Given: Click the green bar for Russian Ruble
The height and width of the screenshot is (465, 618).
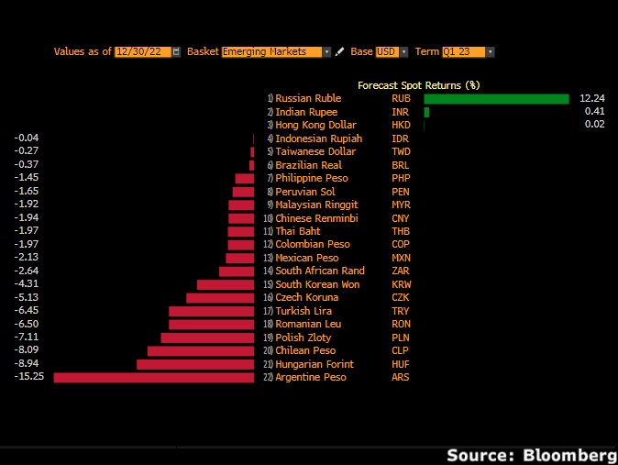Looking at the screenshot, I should pos(496,99).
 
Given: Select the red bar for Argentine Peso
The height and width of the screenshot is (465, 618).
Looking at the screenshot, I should pos(154,377).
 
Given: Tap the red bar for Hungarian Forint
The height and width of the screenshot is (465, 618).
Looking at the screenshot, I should pos(195,364).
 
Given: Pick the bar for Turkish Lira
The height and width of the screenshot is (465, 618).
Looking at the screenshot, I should pos(211,311).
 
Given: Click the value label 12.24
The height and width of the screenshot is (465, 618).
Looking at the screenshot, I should pos(592,98).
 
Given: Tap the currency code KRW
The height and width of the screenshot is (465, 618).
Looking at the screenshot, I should pos(402,284).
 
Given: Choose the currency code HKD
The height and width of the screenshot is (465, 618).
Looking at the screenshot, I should pos(402,125).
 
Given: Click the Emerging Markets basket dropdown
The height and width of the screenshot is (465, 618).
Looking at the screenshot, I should pos(276,52).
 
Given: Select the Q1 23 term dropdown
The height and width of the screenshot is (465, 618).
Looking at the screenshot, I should pos(468,52).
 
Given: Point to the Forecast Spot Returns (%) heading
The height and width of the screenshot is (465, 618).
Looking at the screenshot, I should pos(419,84).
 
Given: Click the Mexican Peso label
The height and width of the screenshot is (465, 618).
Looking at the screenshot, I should pos(307,258).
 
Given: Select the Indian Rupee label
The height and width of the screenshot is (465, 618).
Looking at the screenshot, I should pos(306,112).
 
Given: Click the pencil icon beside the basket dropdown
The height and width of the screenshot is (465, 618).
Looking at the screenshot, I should pos(339,52).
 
